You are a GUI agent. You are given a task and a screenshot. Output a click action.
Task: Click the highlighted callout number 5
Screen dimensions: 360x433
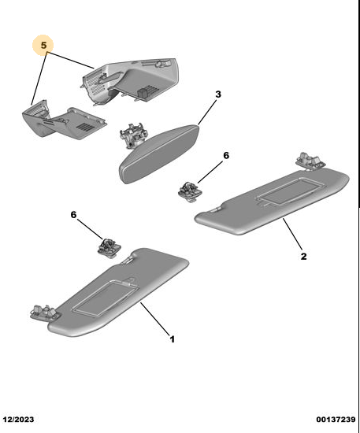[43, 46]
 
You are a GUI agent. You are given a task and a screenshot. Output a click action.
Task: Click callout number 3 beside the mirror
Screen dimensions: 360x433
[218, 94]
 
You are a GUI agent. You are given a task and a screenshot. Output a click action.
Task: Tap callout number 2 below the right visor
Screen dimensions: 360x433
[303, 257]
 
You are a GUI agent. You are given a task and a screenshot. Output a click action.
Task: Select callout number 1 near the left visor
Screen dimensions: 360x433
[173, 339]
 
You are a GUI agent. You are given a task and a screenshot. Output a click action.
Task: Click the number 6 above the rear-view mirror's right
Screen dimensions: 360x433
[226, 155]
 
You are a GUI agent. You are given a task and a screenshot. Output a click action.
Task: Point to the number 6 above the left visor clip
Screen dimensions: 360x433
[73, 215]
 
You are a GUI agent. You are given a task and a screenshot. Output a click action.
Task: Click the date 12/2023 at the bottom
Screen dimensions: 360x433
[19, 420]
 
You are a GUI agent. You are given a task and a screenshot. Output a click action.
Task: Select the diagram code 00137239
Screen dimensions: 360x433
[336, 420]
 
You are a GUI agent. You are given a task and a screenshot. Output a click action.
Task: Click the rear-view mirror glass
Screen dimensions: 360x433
[159, 154]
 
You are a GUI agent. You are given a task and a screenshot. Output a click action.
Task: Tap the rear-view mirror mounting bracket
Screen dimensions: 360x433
[132, 135]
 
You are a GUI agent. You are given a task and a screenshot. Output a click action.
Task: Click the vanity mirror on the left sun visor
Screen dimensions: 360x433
[106, 298]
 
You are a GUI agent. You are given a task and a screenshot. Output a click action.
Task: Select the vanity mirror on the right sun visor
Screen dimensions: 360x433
[287, 191]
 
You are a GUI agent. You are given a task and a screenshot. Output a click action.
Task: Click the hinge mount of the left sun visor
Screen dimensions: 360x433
[43, 313]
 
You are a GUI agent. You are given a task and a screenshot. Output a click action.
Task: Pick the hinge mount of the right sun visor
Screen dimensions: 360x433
[311, 160]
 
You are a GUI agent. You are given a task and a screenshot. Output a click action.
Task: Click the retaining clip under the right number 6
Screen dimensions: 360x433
[190, 191]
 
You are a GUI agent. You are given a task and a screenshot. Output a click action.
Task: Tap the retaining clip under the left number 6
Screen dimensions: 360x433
[109, 248]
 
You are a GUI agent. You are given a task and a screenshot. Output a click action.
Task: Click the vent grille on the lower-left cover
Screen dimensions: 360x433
[85, 127]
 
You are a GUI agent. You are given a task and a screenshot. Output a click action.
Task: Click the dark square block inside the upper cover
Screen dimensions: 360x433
[143, 92]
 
